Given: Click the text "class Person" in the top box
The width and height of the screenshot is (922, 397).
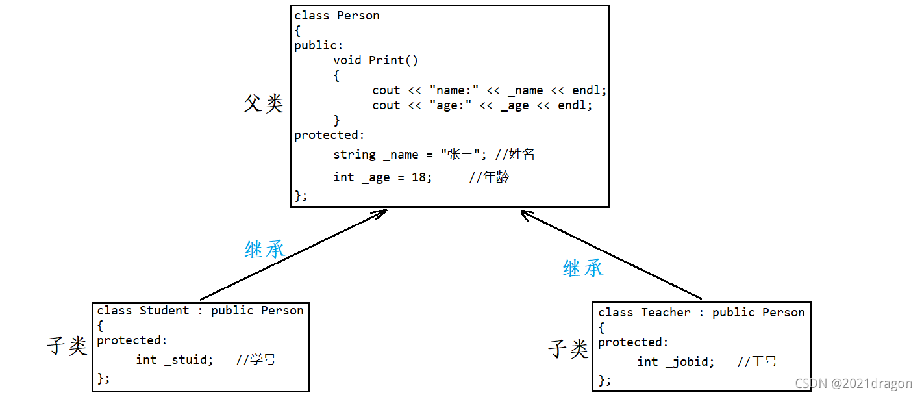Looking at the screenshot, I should coord(337,16).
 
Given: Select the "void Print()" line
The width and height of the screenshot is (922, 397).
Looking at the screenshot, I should coord(376,60).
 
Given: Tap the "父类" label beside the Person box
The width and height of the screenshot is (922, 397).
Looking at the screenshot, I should coord(264,103).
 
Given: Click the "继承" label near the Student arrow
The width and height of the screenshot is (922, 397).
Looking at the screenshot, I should coord(265,249).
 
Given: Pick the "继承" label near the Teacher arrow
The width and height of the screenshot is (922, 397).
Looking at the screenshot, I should coord(582,268).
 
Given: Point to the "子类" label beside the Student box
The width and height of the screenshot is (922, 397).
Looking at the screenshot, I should coord(67,346).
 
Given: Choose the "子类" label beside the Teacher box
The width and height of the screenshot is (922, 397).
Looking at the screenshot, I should coord(568,349).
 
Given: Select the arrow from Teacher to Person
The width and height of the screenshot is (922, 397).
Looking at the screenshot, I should coord(610,254).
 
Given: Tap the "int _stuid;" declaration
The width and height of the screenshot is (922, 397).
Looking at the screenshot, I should coord(175,360).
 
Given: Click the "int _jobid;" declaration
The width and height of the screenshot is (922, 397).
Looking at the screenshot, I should coord(676,362).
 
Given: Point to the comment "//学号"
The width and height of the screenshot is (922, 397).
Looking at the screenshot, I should coord(256,360).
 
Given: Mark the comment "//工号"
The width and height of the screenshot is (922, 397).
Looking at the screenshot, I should coord(757,362).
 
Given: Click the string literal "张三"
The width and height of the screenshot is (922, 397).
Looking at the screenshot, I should coord(460,155).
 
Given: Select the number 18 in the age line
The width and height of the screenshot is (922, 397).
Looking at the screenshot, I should coord(419,177).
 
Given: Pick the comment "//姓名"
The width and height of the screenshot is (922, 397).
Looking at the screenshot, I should coord(515,155).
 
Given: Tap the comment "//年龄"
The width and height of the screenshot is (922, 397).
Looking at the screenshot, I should coord(489,177).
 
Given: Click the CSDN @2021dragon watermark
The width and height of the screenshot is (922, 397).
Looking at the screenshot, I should coord(853,384).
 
